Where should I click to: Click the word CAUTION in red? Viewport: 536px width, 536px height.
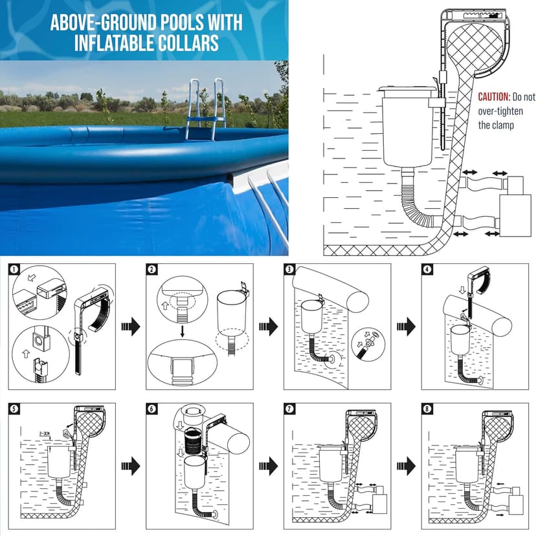(x=493, y=97)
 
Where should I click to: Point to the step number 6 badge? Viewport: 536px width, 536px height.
(x=152, y=409)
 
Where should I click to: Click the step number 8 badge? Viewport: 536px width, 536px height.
(x=427, y=409)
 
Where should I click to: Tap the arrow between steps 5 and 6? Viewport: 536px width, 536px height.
(x=131, y=465)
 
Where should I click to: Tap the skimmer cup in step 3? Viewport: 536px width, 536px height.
(x=307, y=317)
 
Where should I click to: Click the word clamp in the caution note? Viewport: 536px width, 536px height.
(x=502, y=125)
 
